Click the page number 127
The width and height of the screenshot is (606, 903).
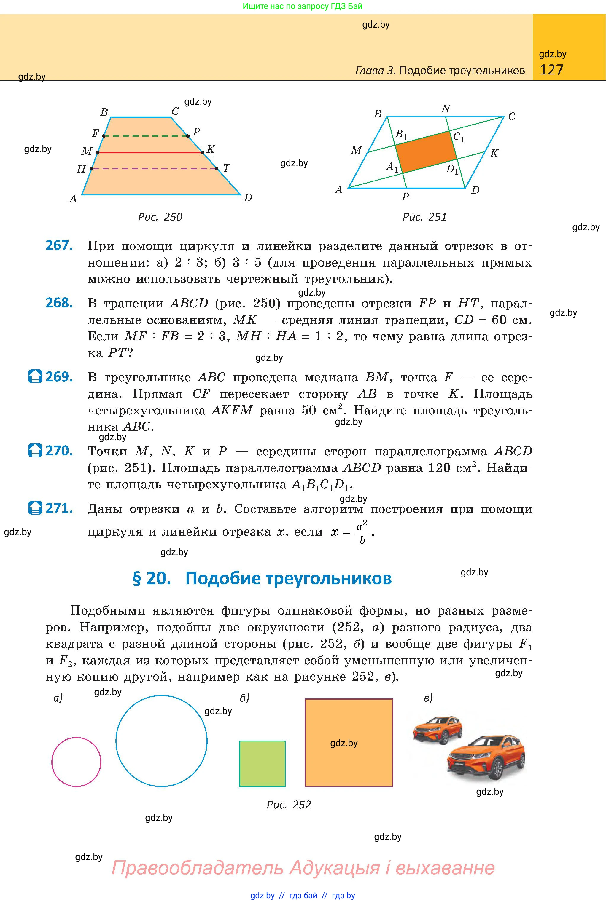point(551,70)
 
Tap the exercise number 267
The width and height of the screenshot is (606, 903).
point(59,246)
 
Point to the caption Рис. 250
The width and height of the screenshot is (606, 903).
point(160,217)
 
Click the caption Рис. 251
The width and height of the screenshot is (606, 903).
point(424,217)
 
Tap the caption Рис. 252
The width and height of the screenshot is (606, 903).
point(289,805)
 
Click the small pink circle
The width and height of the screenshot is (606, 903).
point(76,762)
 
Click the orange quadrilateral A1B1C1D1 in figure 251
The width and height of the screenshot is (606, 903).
point(426,152)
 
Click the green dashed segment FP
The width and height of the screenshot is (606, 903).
point(146,136)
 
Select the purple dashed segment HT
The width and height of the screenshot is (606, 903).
point(154,168)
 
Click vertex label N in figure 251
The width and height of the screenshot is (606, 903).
point(446,109)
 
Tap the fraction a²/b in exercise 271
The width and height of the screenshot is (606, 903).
point(362,532)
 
